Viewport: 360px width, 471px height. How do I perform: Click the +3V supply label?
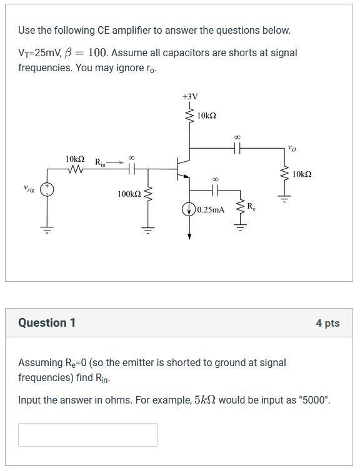190,96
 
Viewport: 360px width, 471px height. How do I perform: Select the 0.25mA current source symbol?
189,210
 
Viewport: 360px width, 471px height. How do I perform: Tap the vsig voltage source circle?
47,189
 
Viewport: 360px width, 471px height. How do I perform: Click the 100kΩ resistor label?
129,194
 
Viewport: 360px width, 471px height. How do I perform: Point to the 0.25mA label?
211,210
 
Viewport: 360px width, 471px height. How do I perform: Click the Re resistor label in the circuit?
251,206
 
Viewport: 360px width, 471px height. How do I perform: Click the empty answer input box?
88,435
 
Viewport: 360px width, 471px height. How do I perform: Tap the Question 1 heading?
47,323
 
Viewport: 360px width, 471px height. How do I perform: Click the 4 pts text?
327,323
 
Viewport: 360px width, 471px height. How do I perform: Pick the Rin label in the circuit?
100,162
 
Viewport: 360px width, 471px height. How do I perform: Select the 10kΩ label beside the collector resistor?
206,116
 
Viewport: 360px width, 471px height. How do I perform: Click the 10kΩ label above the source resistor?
75,159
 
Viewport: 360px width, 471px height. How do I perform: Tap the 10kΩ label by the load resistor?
302,174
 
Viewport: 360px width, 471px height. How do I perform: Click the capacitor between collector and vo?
237,149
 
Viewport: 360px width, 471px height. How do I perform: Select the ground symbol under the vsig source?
47,229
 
